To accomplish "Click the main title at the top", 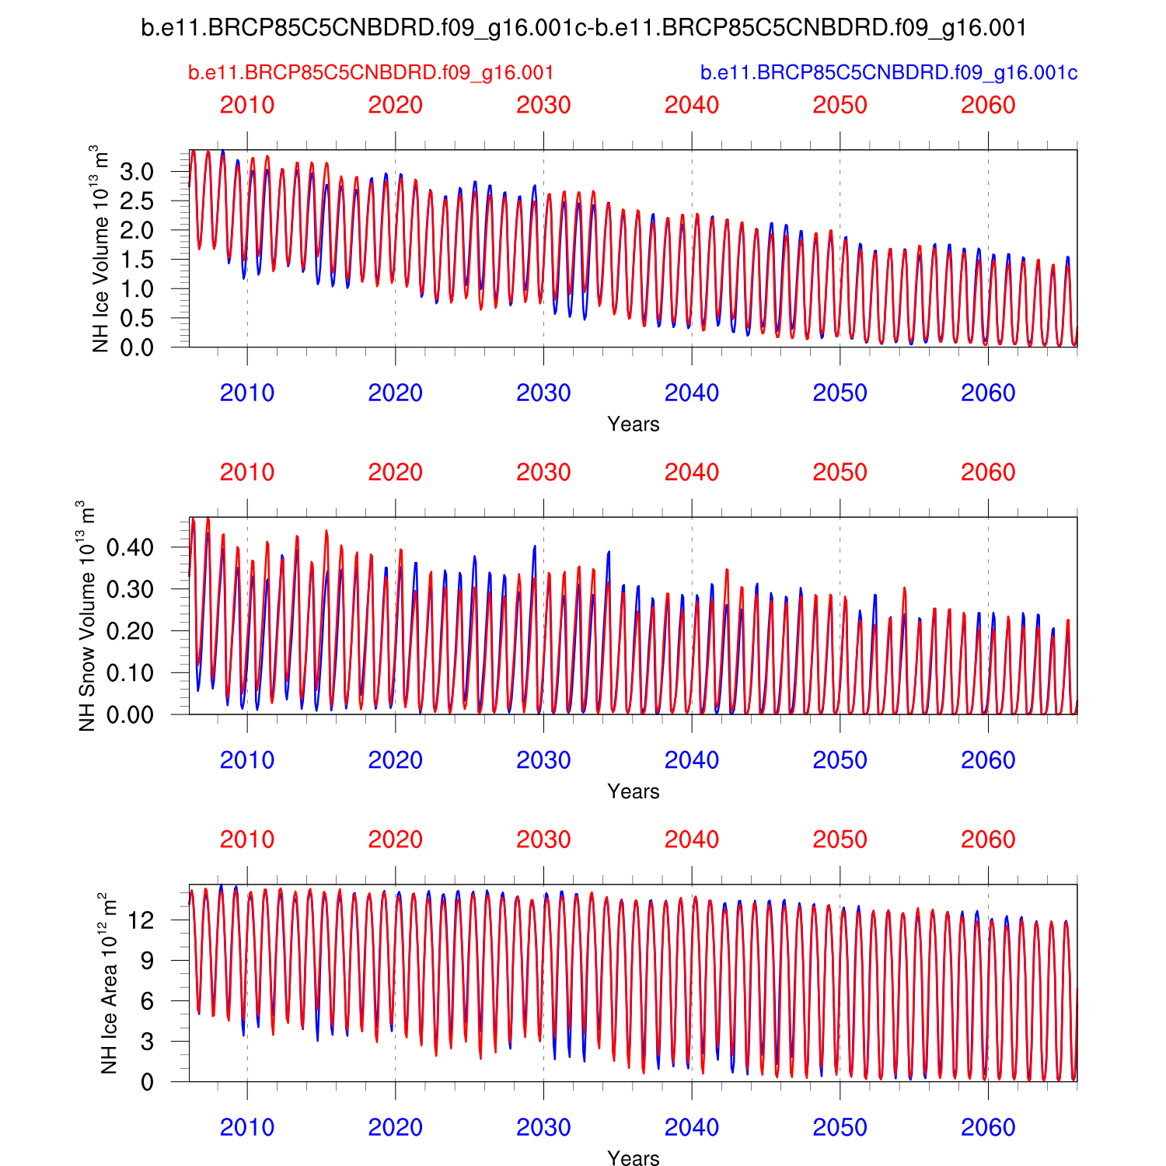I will [x=583, y=29].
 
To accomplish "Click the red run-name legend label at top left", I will [x=371, y=73].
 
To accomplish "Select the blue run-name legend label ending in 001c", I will [x=888, y=73].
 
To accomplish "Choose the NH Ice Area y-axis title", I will [x=108, y=983].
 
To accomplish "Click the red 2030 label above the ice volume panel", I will [x=543, y=105].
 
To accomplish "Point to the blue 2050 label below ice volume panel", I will [x=840, y=393].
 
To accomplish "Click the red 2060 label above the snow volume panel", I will [x=988, y=473].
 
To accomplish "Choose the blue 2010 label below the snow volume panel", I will [x=247, y=760].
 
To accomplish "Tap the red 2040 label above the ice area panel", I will [x=692, y=840].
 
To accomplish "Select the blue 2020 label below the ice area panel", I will [x=395, y=1128].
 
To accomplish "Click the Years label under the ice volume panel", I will [x=634, y=424].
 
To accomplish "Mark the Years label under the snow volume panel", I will [x=634, y=791].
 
